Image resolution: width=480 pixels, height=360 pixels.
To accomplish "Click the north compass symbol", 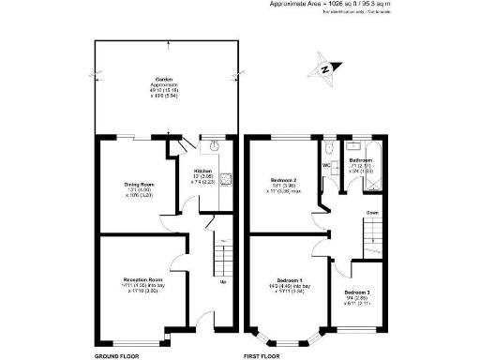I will [x=323, y=68].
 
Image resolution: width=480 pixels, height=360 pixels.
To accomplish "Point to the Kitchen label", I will [x=202, y=171].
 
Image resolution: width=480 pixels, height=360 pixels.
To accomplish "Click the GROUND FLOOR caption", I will [x=118, y=356].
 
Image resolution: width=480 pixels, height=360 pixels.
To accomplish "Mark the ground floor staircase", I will [x=223, y=253].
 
